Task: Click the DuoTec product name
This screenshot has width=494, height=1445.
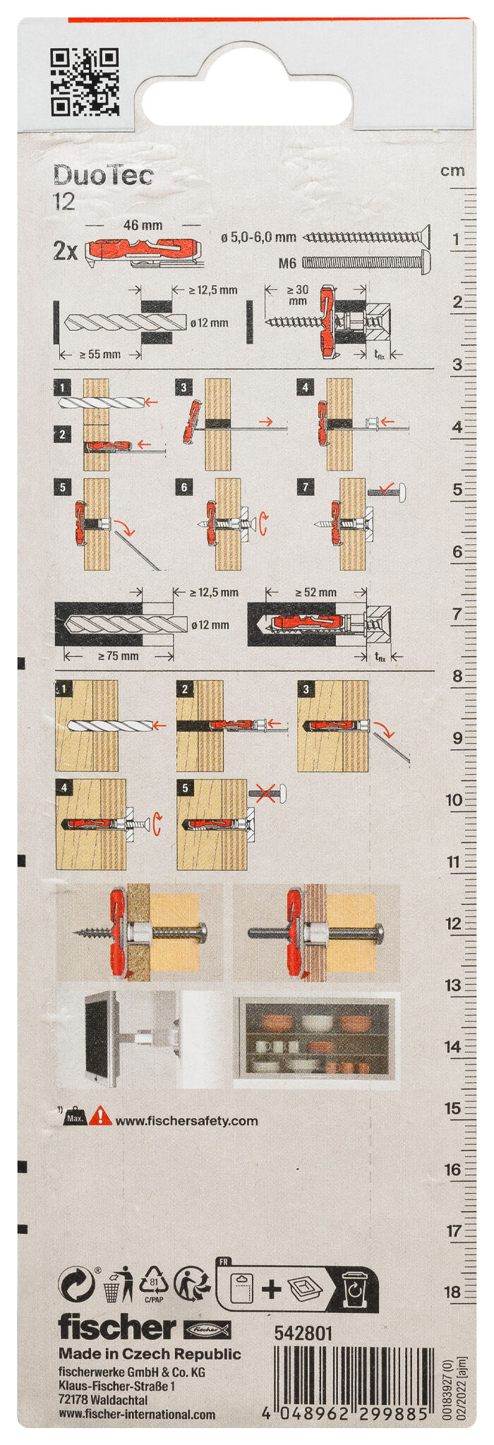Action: click(x=103, y=175)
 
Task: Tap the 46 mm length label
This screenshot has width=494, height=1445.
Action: click(x=143, y=226)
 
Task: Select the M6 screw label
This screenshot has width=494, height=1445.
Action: click(x=287, y=263)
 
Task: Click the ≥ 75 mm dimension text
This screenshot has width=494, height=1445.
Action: click(x=118, y=655)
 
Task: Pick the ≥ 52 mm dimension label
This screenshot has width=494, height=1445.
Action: click(x=315, y=592)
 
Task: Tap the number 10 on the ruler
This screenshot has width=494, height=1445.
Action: click(x=454, y=800)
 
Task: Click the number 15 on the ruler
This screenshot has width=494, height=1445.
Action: click(x=453, y=1108)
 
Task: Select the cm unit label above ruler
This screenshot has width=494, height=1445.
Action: click(x=452, y=171)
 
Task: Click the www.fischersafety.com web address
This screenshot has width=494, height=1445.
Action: click(x=186, y=1120)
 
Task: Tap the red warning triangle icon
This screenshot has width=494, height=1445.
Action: click(x=103, y=1117)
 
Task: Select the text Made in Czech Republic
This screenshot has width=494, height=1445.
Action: click(x=150, y=1354)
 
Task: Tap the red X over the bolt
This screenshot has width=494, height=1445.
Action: click(x=266, y=794)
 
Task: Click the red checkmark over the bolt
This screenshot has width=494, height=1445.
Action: click(x=386, y=486)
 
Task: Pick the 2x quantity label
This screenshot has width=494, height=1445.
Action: click(x=66, y=251)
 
